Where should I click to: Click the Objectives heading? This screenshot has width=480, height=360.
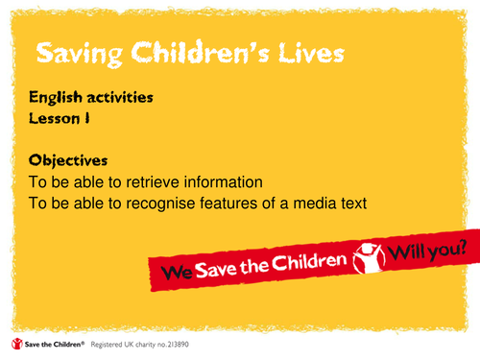point(68,158)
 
